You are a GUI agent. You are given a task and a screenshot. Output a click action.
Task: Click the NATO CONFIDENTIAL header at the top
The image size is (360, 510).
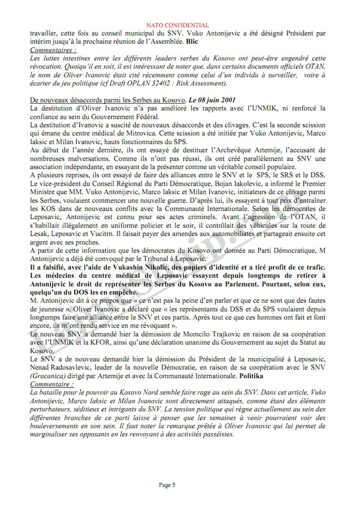[x=180, y=25]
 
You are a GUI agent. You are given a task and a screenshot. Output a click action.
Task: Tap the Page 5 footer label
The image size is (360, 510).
[x=167, y=484]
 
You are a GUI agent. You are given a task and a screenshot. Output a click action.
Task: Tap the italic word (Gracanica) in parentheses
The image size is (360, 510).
[x=48, y=375]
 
